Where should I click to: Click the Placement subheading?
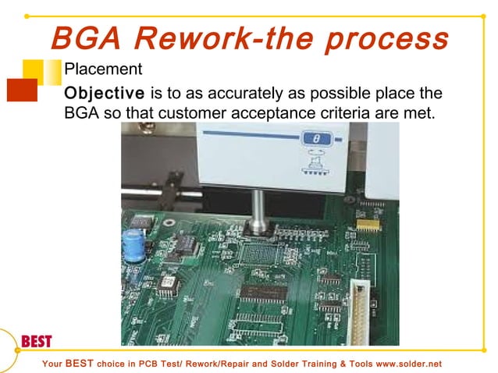[102, 69]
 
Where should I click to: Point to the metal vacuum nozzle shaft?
[257, 207]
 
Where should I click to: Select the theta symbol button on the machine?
[316, 139]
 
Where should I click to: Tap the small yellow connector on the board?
[364, 223]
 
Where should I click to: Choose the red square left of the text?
[21, 90]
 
